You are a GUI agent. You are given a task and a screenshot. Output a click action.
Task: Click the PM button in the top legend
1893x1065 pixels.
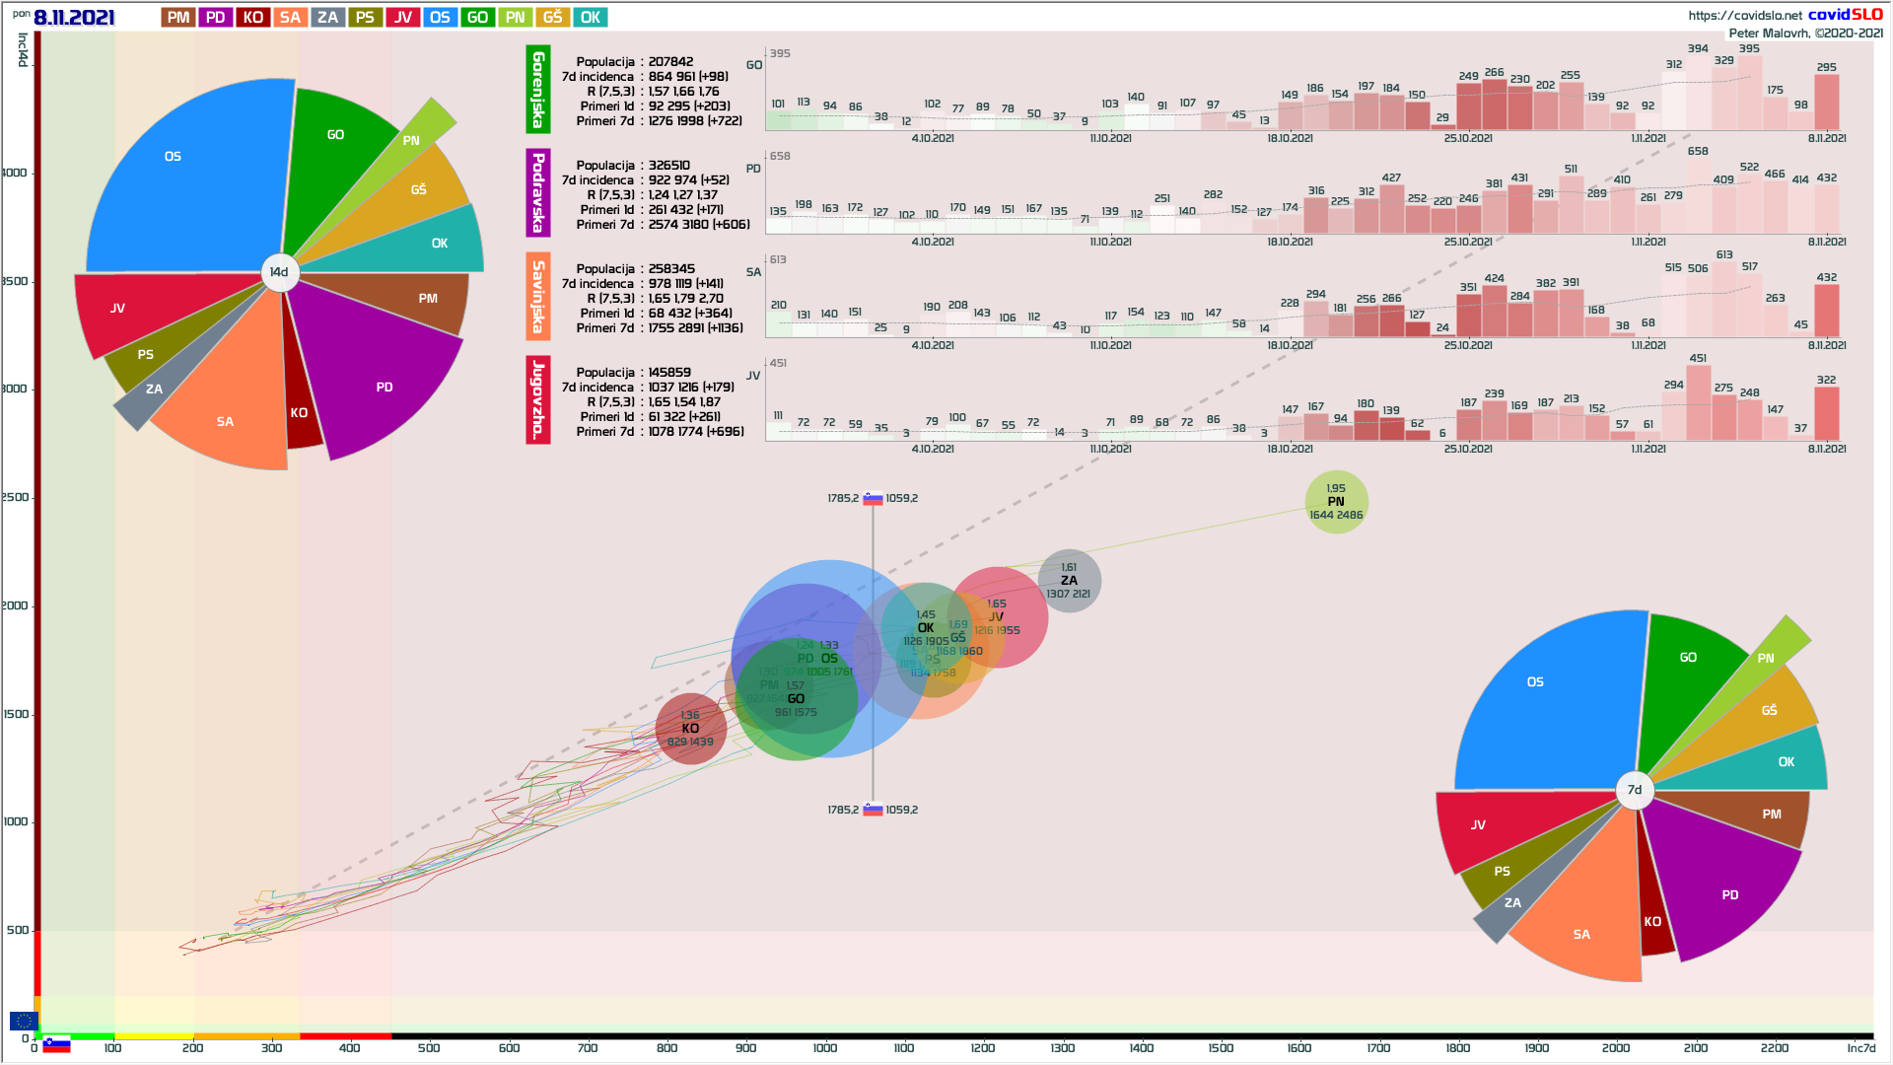(x=178, y=18)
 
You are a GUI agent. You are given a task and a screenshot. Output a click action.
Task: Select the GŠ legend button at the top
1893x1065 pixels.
(x=552, y=18)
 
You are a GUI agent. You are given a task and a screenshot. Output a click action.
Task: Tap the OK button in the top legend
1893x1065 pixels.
(x=590, y=18)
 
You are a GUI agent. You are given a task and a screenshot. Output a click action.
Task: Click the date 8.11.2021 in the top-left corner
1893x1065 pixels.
(x=74, y=18)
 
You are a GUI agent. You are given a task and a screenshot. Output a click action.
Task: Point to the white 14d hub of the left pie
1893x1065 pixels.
(x=279, y=272)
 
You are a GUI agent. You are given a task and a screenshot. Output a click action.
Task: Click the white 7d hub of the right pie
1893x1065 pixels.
(x=1635, y=790)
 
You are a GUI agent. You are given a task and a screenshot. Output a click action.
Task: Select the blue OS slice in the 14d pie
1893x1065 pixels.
(x=187, y=177)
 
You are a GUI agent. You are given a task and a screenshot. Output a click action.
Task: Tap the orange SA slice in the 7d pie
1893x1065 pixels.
(x=1582, y=922)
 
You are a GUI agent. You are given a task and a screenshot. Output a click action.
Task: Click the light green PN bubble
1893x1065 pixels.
(x=1336, y=502)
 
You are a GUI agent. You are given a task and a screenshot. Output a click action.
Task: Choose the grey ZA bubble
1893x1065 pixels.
(x=1069, y=581)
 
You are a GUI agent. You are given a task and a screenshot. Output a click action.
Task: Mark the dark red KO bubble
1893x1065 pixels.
(x=690, y=729)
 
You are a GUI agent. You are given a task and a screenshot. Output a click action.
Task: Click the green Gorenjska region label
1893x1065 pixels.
(x=537, y=89)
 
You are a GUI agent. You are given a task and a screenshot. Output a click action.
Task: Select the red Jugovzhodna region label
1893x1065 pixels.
(x=537, y=399)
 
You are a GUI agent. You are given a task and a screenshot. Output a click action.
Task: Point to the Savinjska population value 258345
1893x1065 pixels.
(x=671, y=269)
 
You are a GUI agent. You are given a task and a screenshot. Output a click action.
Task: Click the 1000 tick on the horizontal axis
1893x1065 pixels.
(x=825, y=1047)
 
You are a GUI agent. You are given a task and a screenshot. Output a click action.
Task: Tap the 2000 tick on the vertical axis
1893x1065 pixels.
(x=16, y=605)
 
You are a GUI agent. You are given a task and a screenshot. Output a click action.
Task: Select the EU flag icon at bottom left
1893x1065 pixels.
(x=23, y=1021)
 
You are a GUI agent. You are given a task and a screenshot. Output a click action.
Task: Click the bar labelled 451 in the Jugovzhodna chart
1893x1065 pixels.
(x=1698, y=402)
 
